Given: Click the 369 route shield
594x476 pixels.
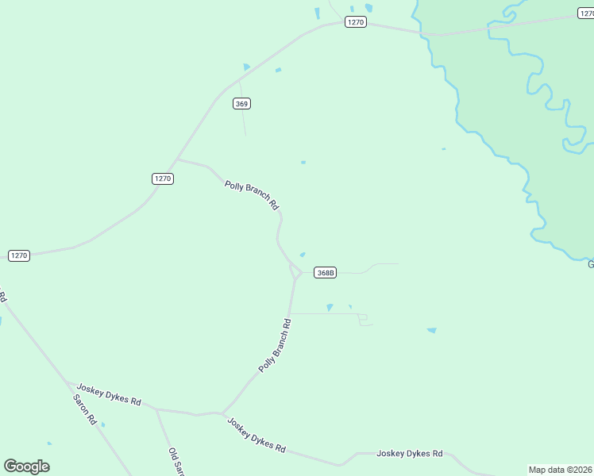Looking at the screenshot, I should pyautogui.click(x=242, y=104).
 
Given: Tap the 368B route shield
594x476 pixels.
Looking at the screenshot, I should pyautogui.click(x=325, y=273).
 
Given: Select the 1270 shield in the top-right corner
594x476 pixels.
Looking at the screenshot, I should pyautogui.click(x=585, y=13).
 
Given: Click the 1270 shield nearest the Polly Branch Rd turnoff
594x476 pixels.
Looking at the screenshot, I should pyautogui.click(x=162, y=178).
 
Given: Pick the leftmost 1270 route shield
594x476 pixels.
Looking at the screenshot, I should pyautogui.click(x=19, y=255).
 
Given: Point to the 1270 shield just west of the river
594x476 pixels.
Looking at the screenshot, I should pyautogui.click(x=355, y=22).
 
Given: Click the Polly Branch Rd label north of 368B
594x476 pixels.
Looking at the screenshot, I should pyautogui.click(x=252, y=195).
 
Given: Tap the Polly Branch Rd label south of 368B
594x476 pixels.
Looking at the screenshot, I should pyautogui.click(x=276, y=346).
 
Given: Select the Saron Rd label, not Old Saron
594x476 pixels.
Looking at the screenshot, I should pyautogui.click(x=84, y=409).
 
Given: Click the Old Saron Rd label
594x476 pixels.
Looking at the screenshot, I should pyautogui.click(x=176, y=462).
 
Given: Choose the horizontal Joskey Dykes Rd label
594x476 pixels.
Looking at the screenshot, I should pyautogui.click(x=409, y=454).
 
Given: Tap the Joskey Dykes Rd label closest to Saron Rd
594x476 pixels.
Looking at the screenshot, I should pyautogui.click(x=109, y=395).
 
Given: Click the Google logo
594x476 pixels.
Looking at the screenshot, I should pyautogui.click(x=26, y=466).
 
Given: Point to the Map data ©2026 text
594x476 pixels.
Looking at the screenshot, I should pyautogui.click(x=561, y=470).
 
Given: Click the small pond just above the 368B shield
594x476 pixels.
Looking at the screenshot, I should pyautogui.click(x=302, y=255).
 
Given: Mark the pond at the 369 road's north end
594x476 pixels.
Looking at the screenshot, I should pyautogui.click(x=246, y=67).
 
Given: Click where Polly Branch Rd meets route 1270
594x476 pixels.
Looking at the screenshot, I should pyautogui.click(x=177, y=159).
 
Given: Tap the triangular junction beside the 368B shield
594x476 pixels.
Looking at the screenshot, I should pyautogui.click(x=295, y=273).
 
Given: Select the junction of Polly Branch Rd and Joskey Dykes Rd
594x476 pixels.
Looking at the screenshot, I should pyautogui.click(x=221, y=413).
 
